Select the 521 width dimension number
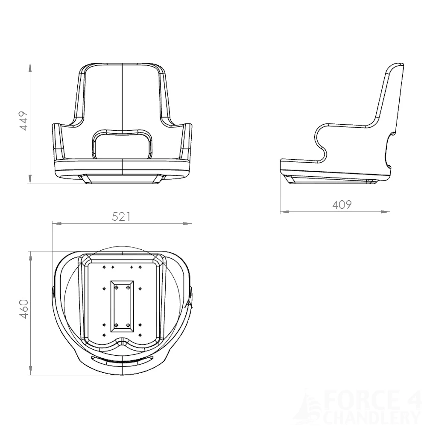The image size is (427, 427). pos(121,217)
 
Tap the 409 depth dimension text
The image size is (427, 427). pos(342,205)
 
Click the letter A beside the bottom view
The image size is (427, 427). pos(190,304)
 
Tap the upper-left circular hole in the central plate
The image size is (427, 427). pos(116,288)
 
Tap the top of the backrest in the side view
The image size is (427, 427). pos(397,67)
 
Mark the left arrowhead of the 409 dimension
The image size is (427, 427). pos(283,211)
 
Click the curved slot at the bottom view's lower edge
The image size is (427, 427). pos(122,361)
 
